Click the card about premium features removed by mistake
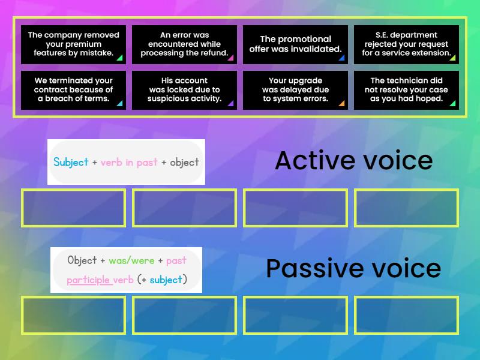pos(73,44)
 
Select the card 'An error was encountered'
pos(184,44)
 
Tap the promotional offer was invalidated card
pos(295,44)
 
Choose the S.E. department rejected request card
pos(406,44)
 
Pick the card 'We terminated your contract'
pos(73,90)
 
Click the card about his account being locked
pos(184,90)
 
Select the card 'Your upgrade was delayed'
pos(295,90)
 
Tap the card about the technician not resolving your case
pos(406,90)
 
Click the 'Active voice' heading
pos(353,161)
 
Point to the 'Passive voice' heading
pos(353,268)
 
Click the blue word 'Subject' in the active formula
pos(71,162)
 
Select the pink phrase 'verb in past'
pos(129,162)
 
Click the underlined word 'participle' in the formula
pos(88,280)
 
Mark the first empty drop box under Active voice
pos(73,208)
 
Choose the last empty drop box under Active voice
pos(406,208)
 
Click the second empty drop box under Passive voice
pos(184,315)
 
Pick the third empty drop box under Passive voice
pos(295,315)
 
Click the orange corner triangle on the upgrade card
pos(341,103)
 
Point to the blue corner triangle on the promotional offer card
pos(341,58)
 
